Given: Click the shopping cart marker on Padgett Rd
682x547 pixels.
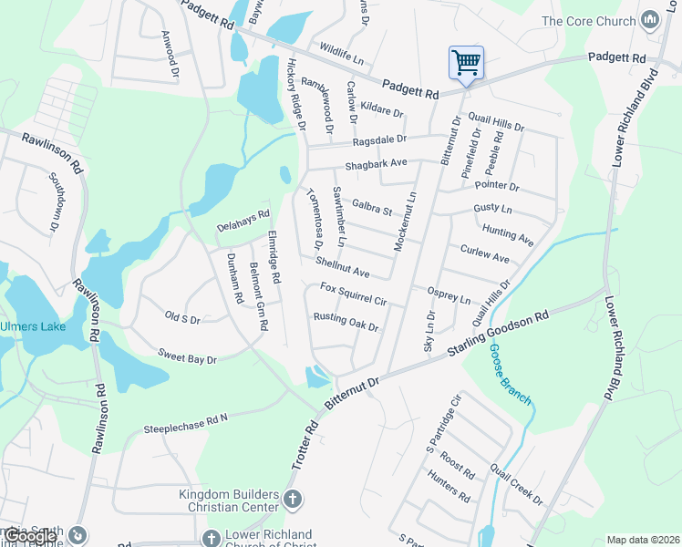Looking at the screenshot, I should [x=466, y=63].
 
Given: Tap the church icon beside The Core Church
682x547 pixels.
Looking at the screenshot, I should [x=649, y=20].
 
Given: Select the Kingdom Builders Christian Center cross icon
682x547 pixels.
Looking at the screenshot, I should [x=292, y=499].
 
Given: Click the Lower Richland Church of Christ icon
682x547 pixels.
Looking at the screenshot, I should [x=212, y=539].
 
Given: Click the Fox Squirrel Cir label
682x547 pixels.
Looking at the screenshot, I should [x=354, y=294].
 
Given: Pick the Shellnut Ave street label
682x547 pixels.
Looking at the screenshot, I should [x=342, y=267].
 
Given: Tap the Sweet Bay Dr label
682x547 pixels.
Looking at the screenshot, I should [x=187, y=356].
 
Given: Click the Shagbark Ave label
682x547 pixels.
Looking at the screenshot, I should [x=375, y=165].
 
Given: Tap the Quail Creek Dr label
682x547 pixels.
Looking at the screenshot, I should [x=516, y=484].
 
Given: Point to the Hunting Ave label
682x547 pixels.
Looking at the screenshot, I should [x=508, y=234].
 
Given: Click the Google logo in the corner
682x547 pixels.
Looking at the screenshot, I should [x=29, y=536].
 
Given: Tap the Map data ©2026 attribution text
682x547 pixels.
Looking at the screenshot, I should [x=643, y=540].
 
